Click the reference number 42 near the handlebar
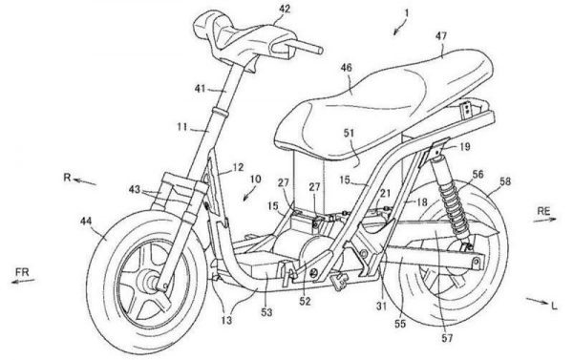coord(285,9)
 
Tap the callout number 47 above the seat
coord(441,36)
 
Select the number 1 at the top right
coord(407,13)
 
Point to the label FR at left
coord(22,272)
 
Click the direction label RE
coord(543,211)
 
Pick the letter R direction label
coord(67,178)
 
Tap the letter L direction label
coord(554,306)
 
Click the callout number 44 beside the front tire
coord(86,222)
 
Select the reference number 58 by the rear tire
coord(505,181)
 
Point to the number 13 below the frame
coord(226,321)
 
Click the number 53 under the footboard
coord(266,312)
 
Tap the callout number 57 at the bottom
coord(447,338)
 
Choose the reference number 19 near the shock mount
coord(464,147)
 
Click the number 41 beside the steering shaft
coord(200,89)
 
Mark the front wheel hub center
coord(153,282)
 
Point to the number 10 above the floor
coord(255,180)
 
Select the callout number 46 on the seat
coord(346,68)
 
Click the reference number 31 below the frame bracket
coord(381,307)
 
